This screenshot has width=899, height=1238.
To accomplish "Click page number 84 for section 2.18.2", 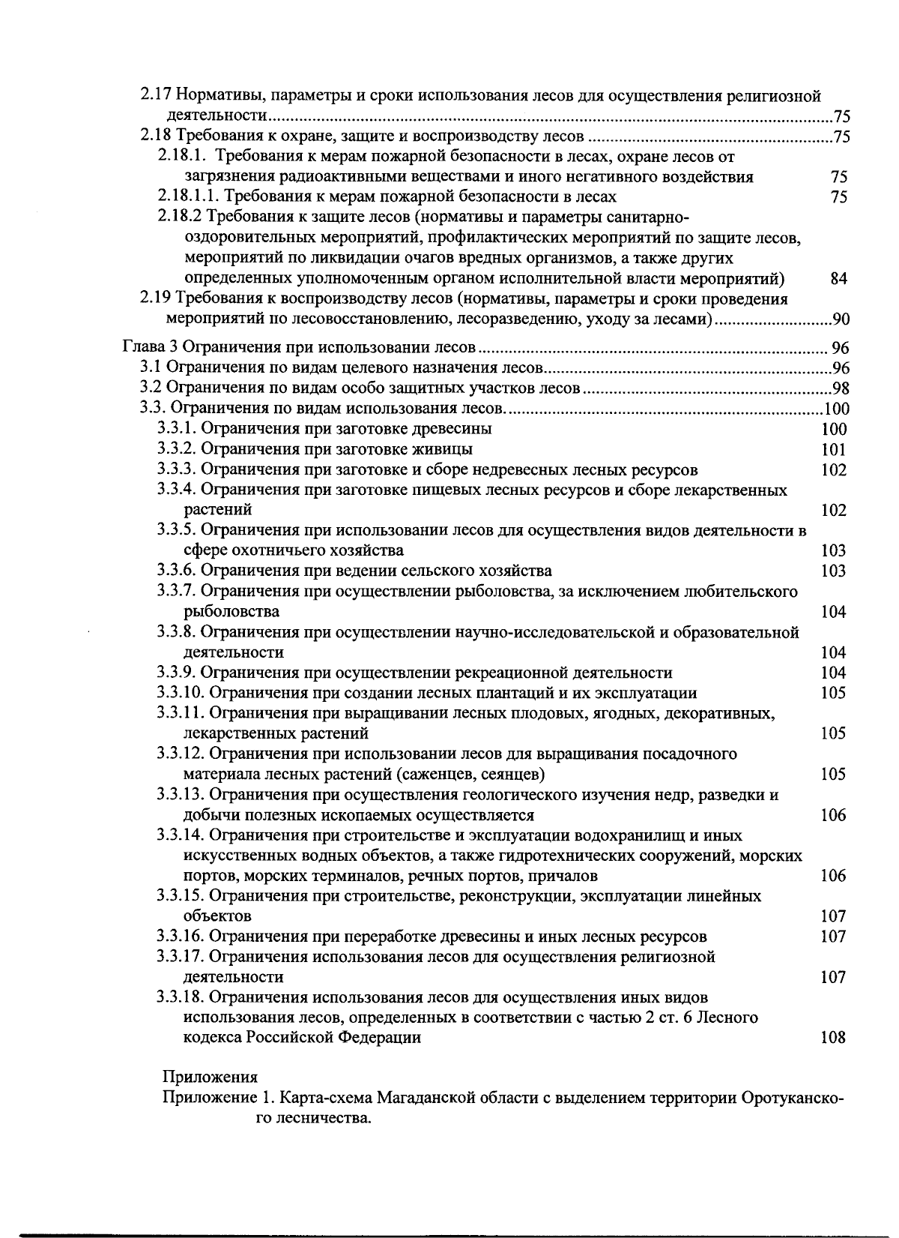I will [838, 279].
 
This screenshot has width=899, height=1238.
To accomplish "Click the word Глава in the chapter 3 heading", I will [141, 348].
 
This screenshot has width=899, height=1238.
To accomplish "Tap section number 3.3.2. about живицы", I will [177, 449].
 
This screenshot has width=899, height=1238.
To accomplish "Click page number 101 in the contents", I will [833, 450].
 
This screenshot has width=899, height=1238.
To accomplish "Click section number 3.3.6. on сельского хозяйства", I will [177, 571].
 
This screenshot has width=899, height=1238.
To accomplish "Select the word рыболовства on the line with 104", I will [231, 612].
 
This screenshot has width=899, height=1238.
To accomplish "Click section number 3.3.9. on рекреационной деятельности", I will [177, 673].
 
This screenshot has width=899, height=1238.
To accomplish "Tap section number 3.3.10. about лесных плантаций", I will [181, 693].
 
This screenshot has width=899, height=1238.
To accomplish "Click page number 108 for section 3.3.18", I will [833, 1038].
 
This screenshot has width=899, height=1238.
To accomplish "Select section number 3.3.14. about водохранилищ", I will [181, 835].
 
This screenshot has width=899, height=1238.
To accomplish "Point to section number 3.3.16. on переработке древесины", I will [181, 937].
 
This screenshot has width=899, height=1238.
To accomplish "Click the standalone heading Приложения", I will [210, 1078].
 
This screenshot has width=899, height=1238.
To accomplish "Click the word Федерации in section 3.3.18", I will [379, 1038].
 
